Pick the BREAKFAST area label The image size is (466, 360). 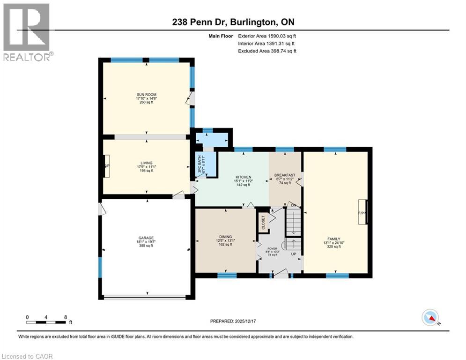tap(285, 175)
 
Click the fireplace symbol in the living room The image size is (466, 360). tap(107, 166)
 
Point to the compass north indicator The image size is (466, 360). tap(430, 318)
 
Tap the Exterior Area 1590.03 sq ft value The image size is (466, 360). tap(267, 36)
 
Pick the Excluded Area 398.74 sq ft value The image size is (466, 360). tap(267, 51)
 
